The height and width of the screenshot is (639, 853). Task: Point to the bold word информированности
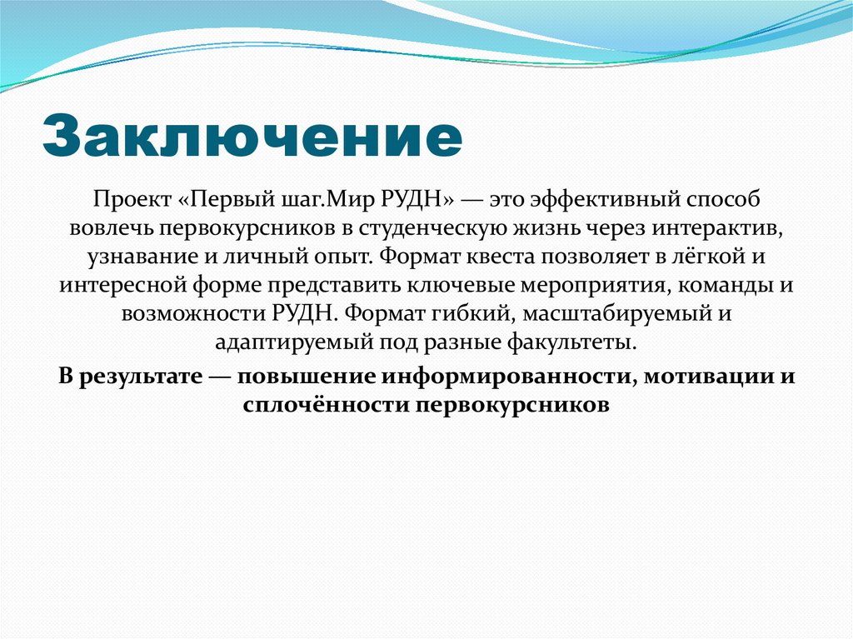click(505, 376)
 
